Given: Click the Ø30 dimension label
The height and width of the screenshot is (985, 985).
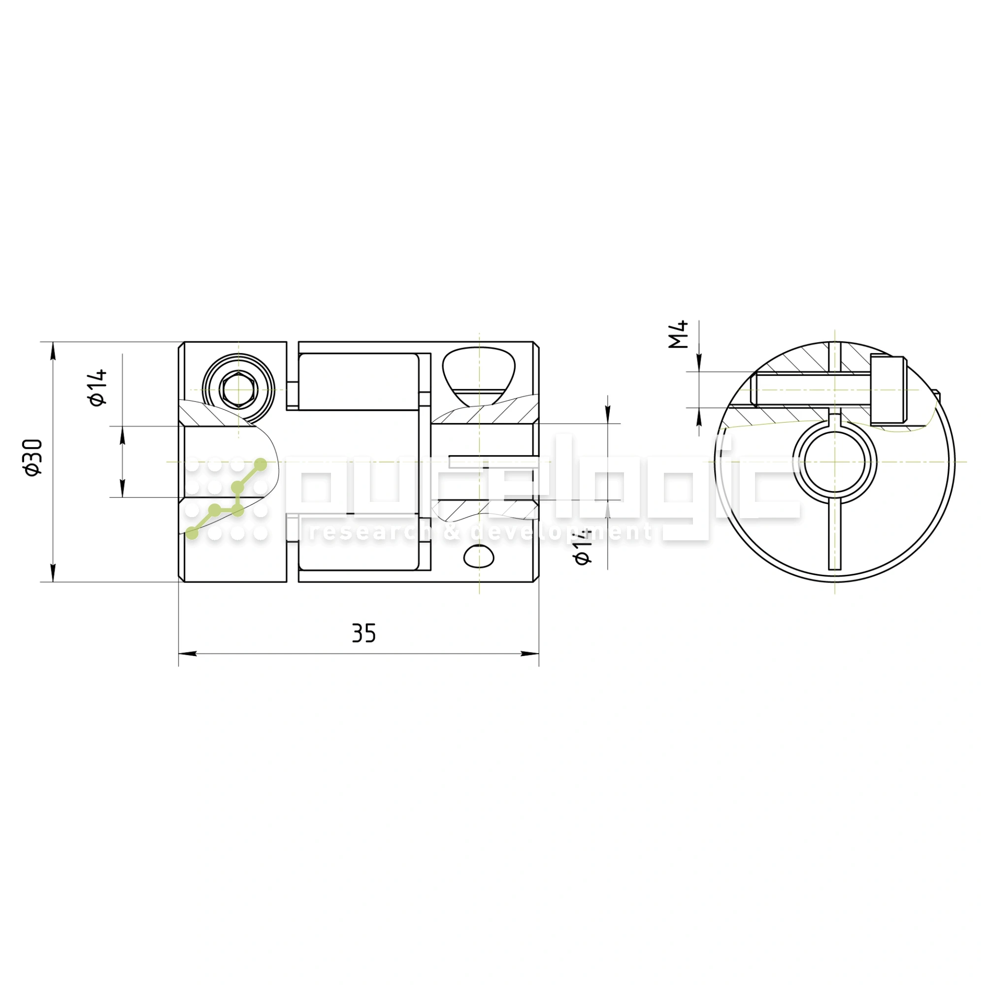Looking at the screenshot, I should click(34, 458).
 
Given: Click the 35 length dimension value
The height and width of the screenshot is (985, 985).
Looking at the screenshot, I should click(364, 633).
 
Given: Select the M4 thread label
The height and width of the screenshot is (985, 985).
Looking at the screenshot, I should click(679, 334).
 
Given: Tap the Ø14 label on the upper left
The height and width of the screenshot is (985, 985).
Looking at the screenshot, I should click(98, 388).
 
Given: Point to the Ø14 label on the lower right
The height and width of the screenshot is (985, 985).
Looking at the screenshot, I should click(582, 546).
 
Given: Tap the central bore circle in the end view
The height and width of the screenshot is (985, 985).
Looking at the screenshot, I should click(834, 462).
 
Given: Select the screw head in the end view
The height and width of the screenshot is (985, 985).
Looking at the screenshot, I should click(887, 391).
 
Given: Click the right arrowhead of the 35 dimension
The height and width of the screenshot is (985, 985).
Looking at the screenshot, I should click(530, 654).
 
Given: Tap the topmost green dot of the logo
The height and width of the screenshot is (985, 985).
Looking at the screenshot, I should click(260, 464).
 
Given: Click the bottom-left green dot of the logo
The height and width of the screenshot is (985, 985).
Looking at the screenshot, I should click(192, 533).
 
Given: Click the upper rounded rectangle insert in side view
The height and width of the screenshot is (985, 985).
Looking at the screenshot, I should click(359, 381).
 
